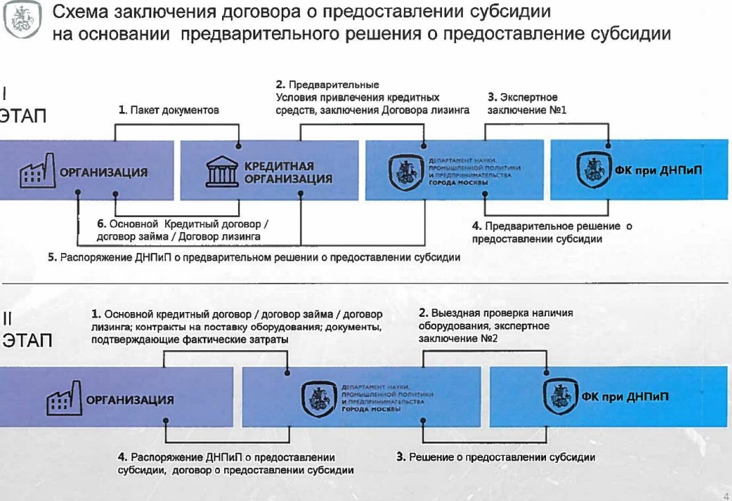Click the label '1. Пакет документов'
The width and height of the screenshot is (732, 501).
click(169, 110)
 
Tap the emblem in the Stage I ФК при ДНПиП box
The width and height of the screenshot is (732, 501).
click(590, 170)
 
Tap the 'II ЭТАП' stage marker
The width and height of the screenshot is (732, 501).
click(25, 331)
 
